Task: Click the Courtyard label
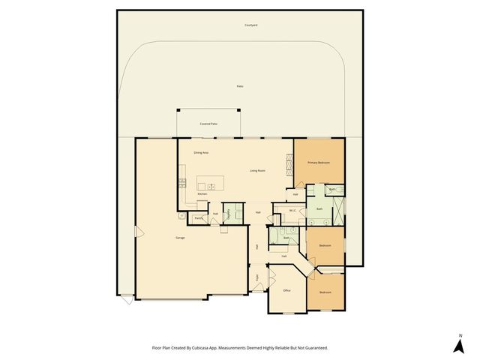coord(251,25)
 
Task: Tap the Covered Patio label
coord(208,123)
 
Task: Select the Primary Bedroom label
coord(319,163)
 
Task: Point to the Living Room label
coord(257,171)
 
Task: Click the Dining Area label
coord(201,153)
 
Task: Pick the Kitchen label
coord(202,194)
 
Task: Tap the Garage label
coord(180,238)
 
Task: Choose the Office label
coord(286,290)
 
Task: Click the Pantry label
coord(199,218)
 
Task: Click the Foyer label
coord(256,277)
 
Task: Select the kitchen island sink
coord(211,185)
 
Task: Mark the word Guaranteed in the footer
coord(316,348)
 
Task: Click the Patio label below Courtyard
coord(239,87)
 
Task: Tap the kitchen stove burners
coord(181,182)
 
